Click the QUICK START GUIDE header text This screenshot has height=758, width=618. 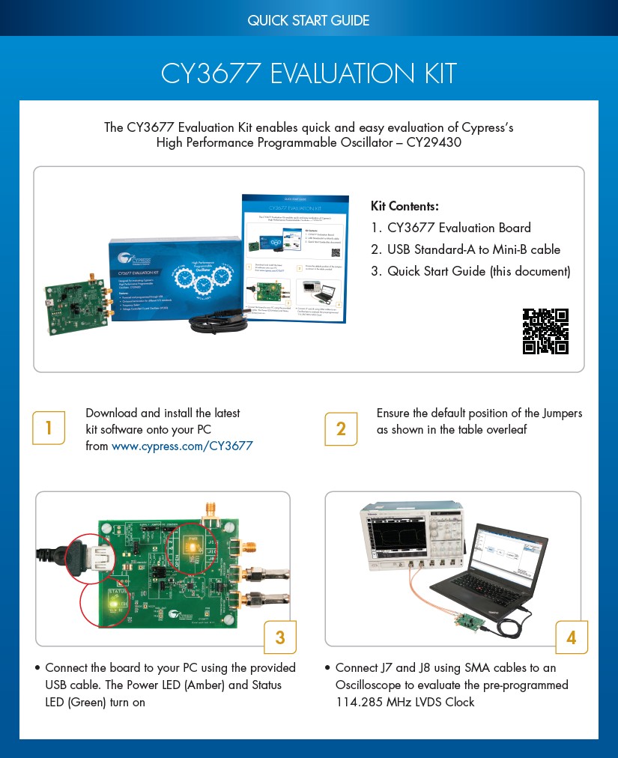click(x=308, y=20)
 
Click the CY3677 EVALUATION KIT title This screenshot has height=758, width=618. click(x=308, y=74)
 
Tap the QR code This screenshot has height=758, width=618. click(x=545, y=331)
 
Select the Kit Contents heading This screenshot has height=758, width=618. click(x=405, y=206)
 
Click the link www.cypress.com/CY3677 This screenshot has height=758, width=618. click(x=182, y=446)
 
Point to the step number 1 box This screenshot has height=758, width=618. click(x=49, y=428)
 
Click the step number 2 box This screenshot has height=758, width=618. click(x=341, y=428)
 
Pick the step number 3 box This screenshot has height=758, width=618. click(x=280, y=637)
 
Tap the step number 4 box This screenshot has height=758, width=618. click(x=571, y=637)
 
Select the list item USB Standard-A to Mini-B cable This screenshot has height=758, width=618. click(x=473, y=249)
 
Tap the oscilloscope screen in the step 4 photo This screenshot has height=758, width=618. click(x=397, y=538)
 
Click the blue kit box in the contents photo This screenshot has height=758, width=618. click(x=172, y=277)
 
